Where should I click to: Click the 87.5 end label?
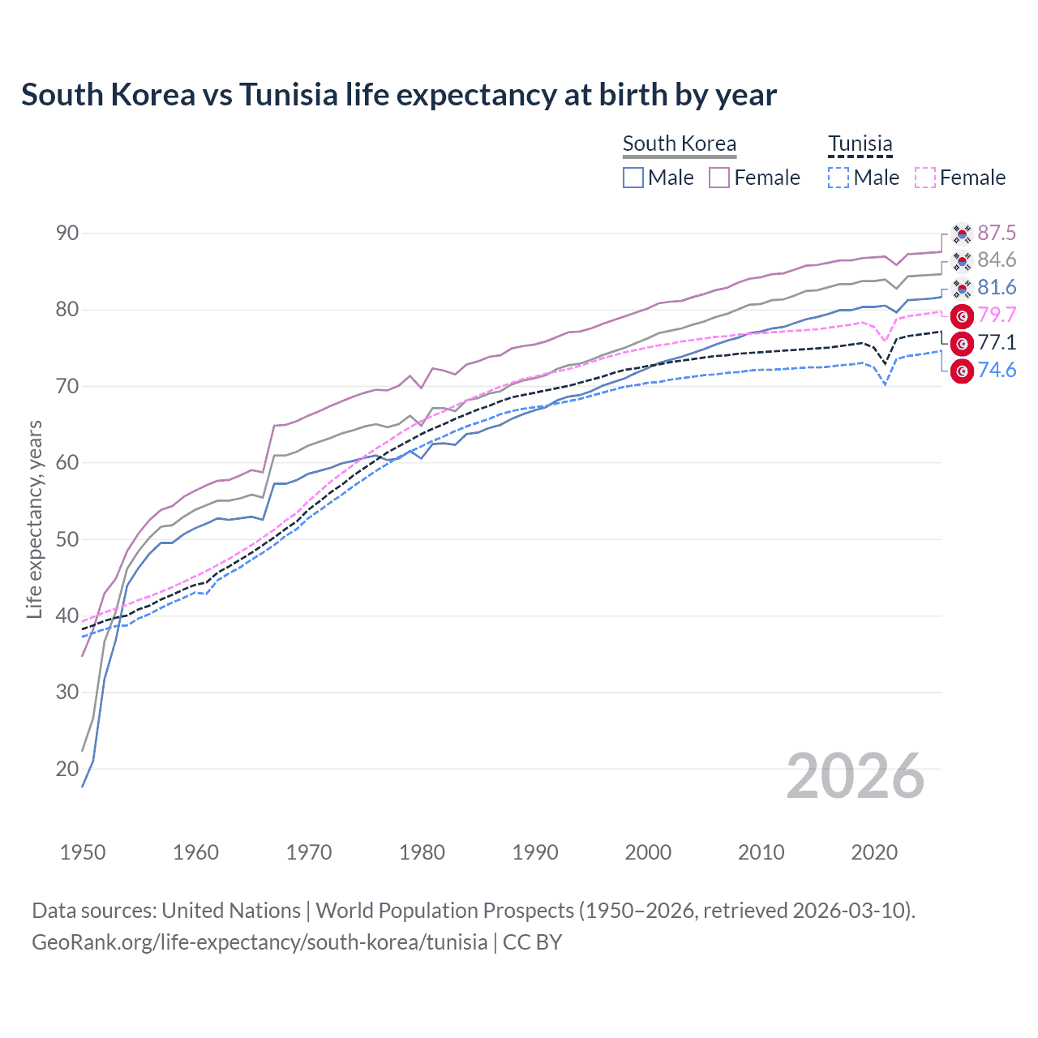pos(996,234)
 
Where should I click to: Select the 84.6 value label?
pos(996,260)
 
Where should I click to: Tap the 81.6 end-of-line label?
pos(996,288)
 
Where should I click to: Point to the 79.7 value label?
pos(996,315)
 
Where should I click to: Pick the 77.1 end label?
pos(996,343)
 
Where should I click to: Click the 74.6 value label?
pos(996,371)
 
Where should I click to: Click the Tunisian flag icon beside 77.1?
pos(962,344)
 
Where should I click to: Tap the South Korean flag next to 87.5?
pos(962,234)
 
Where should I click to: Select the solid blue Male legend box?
pos(633,178)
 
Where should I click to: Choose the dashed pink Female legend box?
pos(925,178)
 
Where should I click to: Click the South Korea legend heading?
pos(680,144)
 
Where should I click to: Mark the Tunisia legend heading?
pos(860,144)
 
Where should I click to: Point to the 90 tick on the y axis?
pos(67,234)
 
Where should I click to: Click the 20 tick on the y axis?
pos(67,769)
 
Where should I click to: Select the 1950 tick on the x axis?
pos(83,852)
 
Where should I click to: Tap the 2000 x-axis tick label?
pos(648,852)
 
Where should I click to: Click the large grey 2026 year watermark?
pos(855,777)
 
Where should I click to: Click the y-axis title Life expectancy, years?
pos(34,519)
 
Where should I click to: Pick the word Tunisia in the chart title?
pos(288,95)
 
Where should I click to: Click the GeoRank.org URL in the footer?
pos(259,942)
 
